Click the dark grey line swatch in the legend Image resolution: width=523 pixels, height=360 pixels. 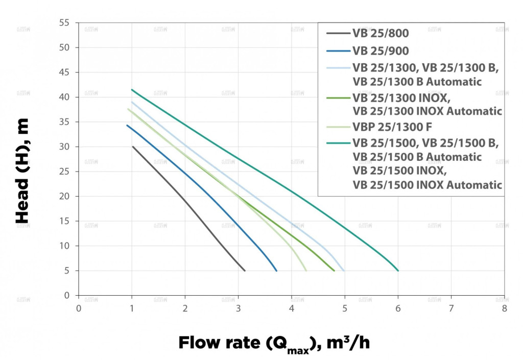point(337,34)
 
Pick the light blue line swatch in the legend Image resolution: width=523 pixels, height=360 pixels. point(337,68)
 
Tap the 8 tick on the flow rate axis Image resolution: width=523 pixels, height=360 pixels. point(504,308)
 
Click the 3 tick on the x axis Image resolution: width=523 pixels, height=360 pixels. point(238,308)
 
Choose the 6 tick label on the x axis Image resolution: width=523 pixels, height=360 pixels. point(398,308)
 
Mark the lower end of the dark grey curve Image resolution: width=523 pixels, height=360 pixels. point(245,270)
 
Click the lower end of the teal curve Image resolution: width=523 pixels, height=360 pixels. point(398,270)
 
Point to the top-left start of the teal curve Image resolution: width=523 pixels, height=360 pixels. point(132,89)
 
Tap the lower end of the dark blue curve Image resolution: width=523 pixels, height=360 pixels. point(276,270)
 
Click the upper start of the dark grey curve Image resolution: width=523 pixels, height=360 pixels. point(133,147)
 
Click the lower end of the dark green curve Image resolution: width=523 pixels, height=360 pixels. point(334,270)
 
